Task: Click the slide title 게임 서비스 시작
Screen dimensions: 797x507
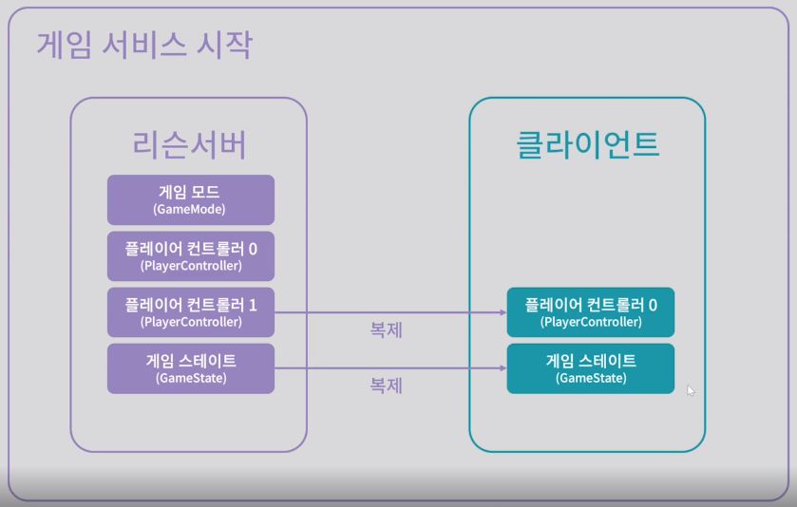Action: [144, 44]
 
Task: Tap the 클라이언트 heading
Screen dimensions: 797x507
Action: [587, 143]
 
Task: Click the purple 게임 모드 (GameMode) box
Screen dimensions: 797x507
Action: [190, 199]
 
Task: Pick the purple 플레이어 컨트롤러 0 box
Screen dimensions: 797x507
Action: [190, 255]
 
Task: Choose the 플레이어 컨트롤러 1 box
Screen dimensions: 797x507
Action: [190, 311]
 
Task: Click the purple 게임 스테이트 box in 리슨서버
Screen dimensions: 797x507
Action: [190, 368]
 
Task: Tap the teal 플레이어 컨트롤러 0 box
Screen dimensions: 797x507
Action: [590, 311]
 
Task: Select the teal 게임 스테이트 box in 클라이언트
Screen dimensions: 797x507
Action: [590, 368]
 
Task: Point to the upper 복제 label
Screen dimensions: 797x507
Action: [386, 330]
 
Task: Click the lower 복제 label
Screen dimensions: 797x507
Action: [386, 386]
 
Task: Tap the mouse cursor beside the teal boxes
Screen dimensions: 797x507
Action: [691, 390]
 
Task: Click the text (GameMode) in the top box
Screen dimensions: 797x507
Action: [190, 209]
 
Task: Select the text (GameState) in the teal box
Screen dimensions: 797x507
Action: [590, 378]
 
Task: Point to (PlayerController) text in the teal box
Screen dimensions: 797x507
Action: [590, 322]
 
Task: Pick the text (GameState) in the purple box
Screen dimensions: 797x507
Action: [190, 378]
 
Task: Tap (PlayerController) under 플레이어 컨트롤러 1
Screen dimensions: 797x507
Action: [190, 322]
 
